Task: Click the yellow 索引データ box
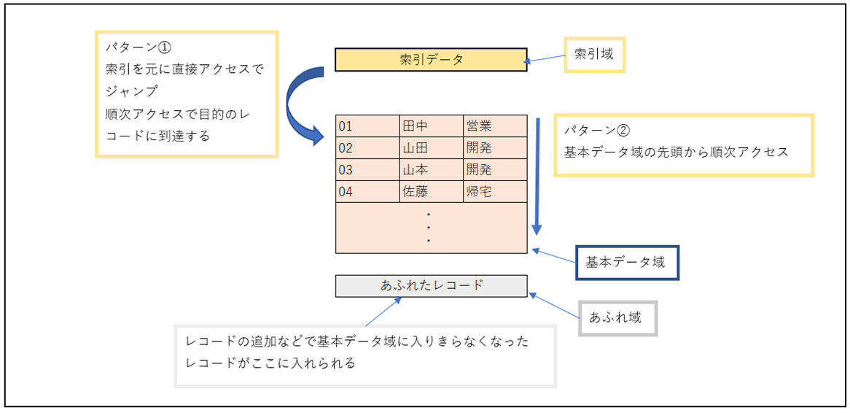pyautogui.click(x=430, y=60)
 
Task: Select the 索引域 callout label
pyautogui.click(x=594, y=54)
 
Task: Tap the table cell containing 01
pyautogui.click(x=367, y=126)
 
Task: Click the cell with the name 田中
pyautogui.click(x=431, y=126)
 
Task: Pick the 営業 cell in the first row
pyautogui.click(x=494, y=126)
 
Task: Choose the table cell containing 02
pyautogui.click(x=367, y=148)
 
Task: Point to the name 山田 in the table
pyautogui.click(x=431, y=148)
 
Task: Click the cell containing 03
pyautogui.click(x=367, y=170)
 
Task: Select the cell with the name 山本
pyautogui.click(x=431, y=170)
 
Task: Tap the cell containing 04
pyautogui.click(x=367, y=192)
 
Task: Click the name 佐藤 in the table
pyautogui.click(x=431, y=192)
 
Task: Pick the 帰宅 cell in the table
pyautogui.click(x=494, y=192)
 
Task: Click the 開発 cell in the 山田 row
pyautogui.click(x=494, y=148)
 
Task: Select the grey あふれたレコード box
pyautogui.click(x=431, y=286)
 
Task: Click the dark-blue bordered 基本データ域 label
pyautogui.click(x=627, y=263)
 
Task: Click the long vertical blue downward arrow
pyautogui.click(x=537, y=175)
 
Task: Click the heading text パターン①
pyautogui.click(x=138, y=47)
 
